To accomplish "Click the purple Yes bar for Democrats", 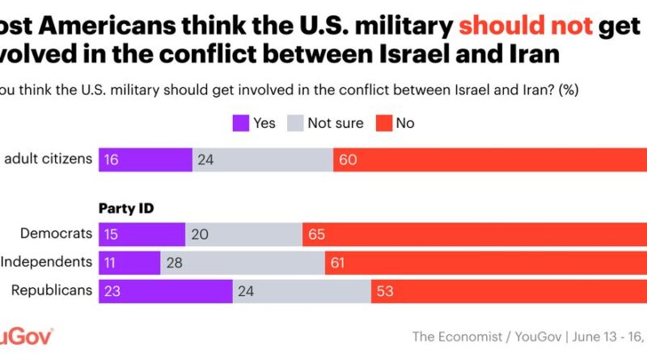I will coord(142,235).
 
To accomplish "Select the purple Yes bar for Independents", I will coord(129,262).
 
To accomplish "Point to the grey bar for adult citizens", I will coord(263,159).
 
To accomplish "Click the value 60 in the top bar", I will coord(348,160).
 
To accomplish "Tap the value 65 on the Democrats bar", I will coord(317,235).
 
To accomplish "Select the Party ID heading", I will coord(127,208).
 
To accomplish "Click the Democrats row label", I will coord(57,234).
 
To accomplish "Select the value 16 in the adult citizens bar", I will coord(111,160).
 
